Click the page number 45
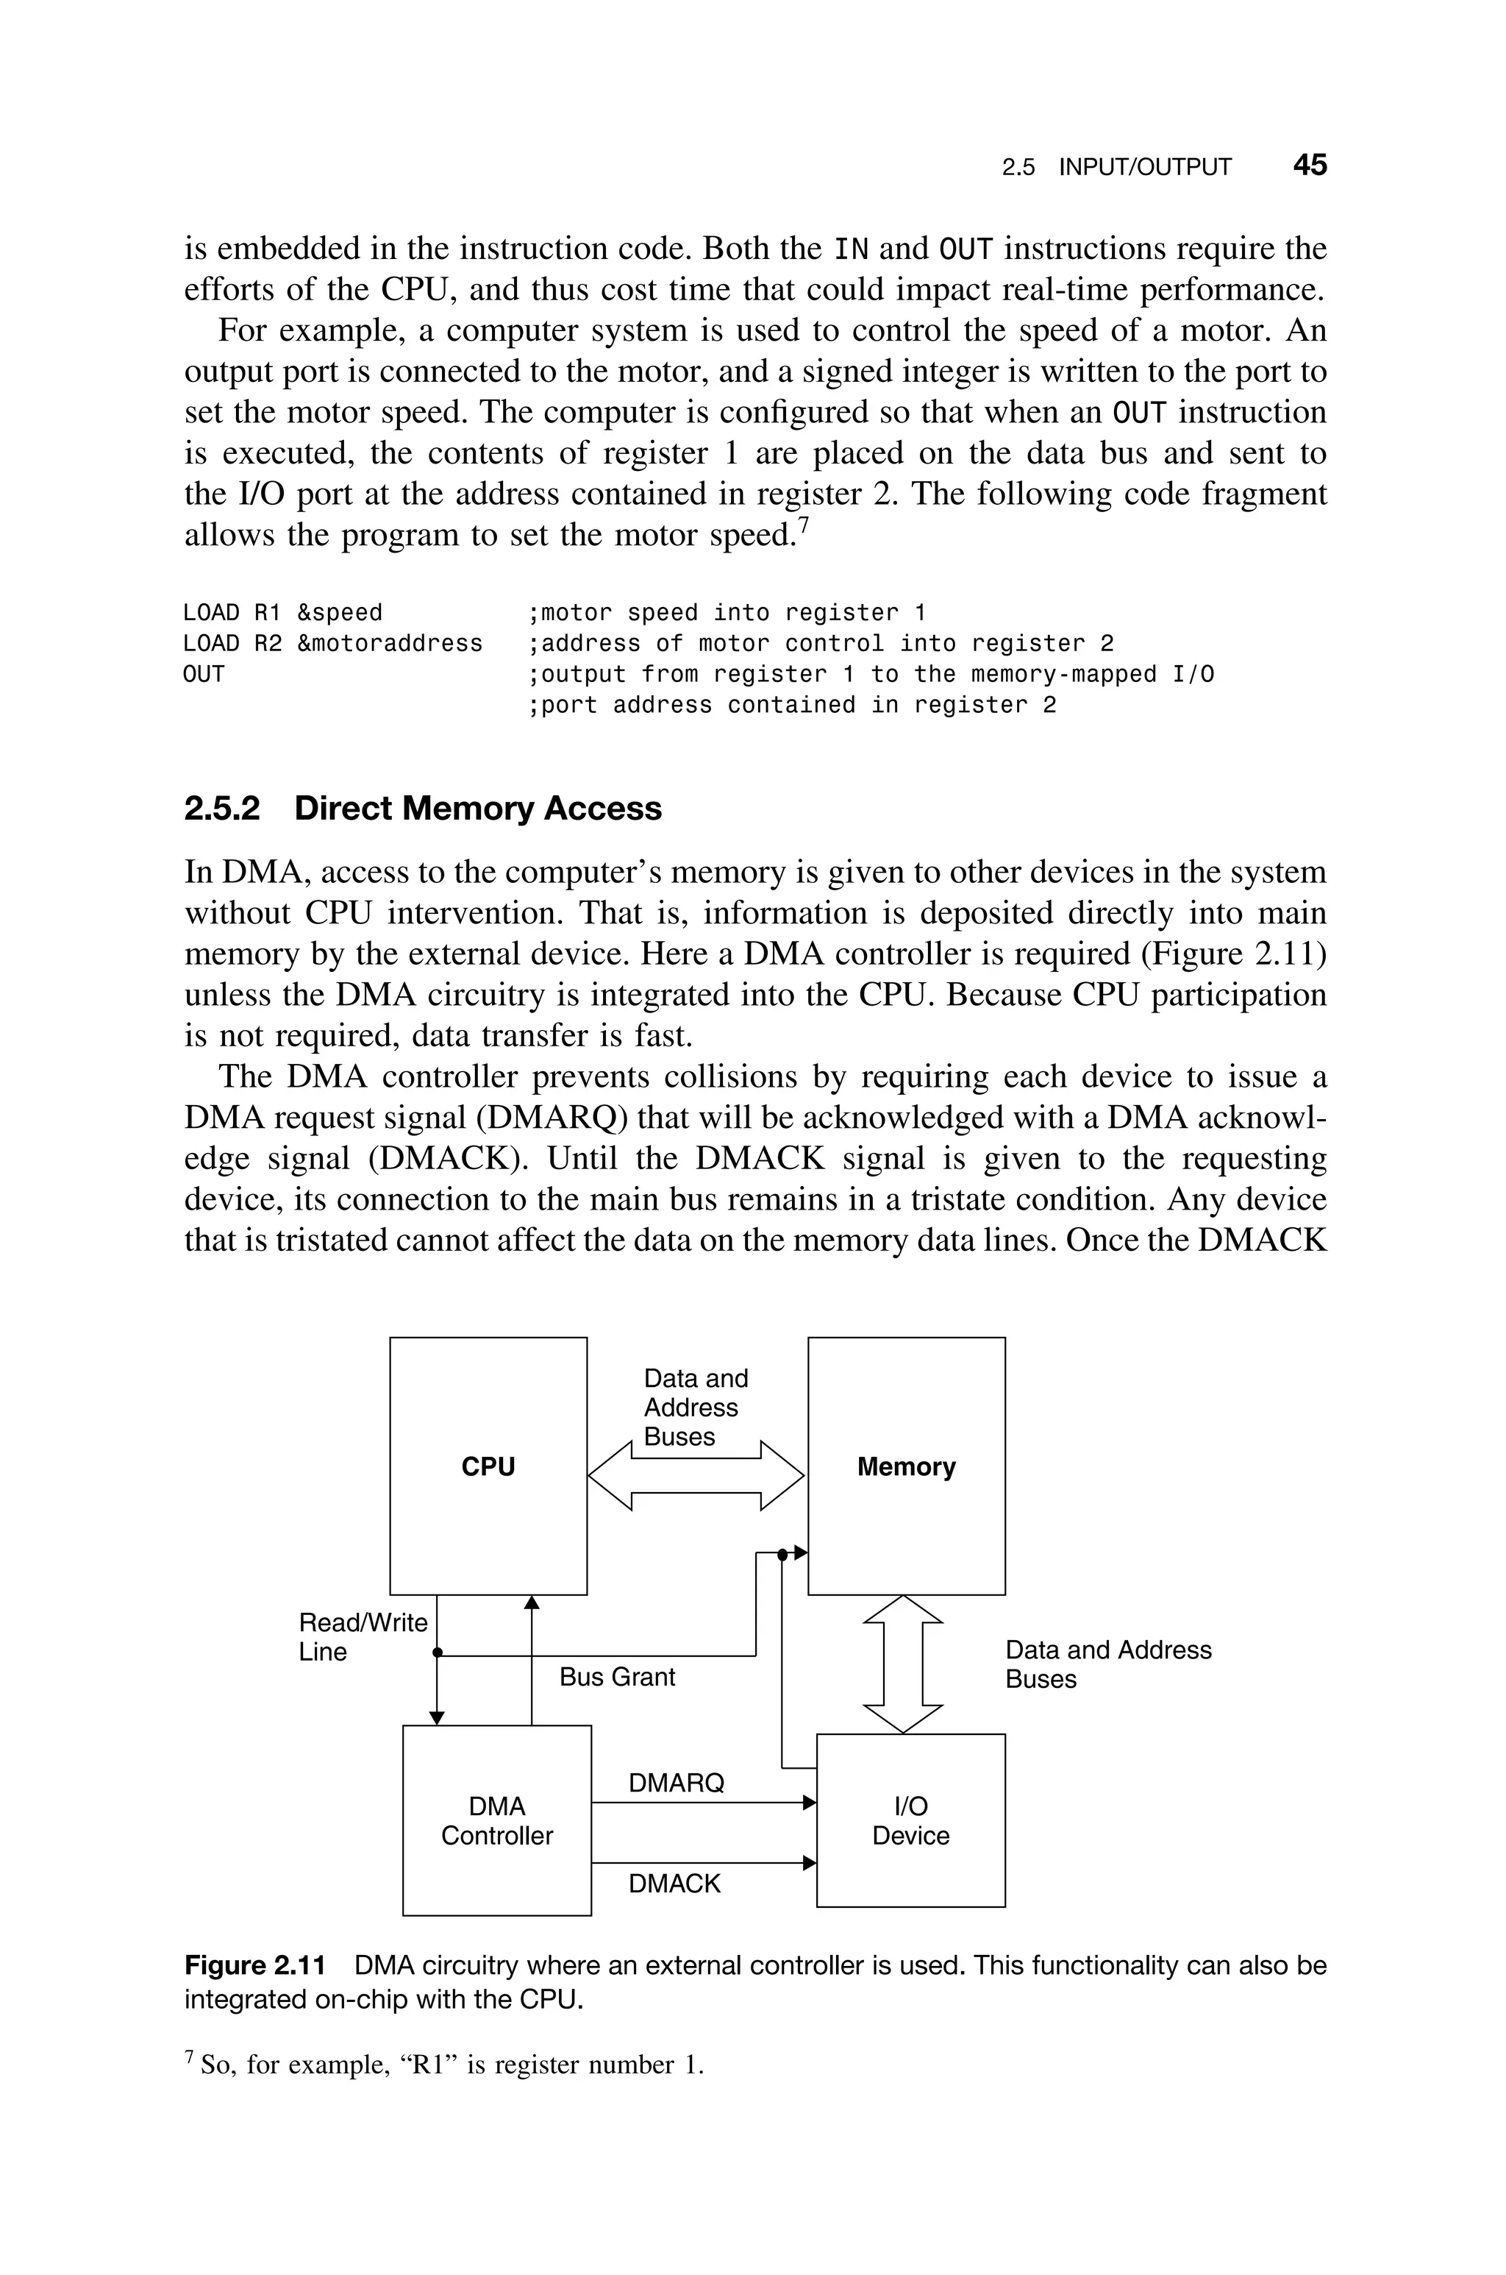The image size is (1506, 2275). pyautogui.click(x=1309, y=166)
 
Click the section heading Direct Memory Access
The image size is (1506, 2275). pyautogui.click(x=477, y=809)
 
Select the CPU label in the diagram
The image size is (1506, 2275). pyautogui.click(x=488, y=1467)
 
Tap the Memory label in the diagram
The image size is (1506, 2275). pyautogui.click(x=906, y=1467)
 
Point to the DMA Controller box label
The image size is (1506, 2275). pyautogui.click(x=496, y=1820)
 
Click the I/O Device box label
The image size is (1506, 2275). pyautogui.click(x=910, y=1820)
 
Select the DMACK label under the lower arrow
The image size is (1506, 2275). pyautogui.click(x=674, y=1884)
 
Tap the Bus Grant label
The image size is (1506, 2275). pyautogui.click(x=617, y=1678)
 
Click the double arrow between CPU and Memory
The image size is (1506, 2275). pyautogui.click(x=696, y=1476)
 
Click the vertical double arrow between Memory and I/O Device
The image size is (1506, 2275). pyautogui.click(x=903, y=1664)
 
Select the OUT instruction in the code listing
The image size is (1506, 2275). pyautogui.click(x=204, y=675)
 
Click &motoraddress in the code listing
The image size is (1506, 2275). pyautogui.click(x=390, y=644)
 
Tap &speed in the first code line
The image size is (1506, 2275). pyautogui.click(x=339, y=613)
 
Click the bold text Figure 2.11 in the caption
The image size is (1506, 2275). pyautogui.click(x=254, y=1966)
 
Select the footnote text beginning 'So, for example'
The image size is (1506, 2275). pyautogui.click(x=452, y=2065)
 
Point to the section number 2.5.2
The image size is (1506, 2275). pyautogui.click(x=222, y=809)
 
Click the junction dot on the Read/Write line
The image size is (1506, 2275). pyautogui.click(x=437, y=1653)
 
